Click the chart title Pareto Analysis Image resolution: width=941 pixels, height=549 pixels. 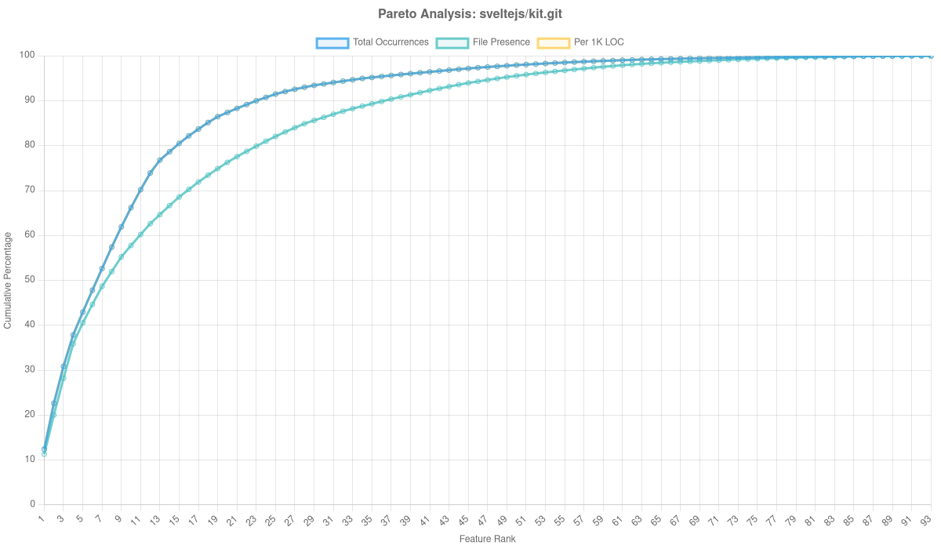(470, 14)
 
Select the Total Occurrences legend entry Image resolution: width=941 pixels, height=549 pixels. (391, 42)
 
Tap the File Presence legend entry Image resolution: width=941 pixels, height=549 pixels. (501, 42)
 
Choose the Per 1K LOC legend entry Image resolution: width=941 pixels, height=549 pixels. (598, 42)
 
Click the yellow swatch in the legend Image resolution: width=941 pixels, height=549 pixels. (553, 42)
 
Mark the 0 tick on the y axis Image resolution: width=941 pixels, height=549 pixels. (33, 504)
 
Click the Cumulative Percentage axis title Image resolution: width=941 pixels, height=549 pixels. (8, 279)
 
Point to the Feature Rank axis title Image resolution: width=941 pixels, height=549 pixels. (487, 540)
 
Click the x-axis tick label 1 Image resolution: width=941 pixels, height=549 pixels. (42, 518)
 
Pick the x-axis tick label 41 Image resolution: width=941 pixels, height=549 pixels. (424, 520)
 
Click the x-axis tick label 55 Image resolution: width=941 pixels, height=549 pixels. (558, 520)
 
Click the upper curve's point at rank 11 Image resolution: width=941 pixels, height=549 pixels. (140, 190)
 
